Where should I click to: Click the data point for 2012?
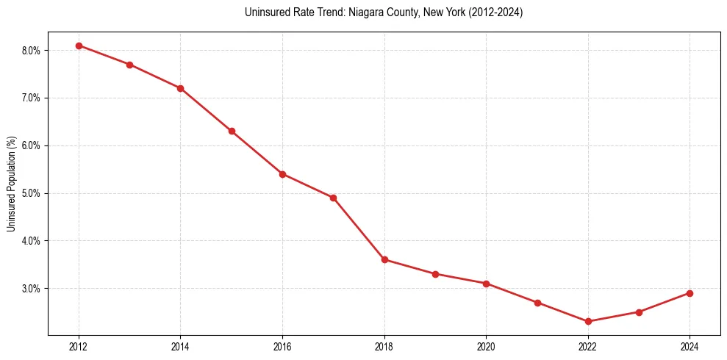pyautogui.click(x=79, y=46)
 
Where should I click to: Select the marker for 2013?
pyautogui.click(x=129, y=65)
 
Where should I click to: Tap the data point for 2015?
pyautogui.click(x=232, y=131)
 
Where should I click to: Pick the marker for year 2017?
pyautogui.click(x=333, y=198)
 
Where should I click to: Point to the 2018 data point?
pyautogui.click(x=384, y=259)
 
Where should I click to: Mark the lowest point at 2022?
pyautogui.click(x=588, y=321)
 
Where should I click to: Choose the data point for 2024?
pyautogui.click(x=690, y=293)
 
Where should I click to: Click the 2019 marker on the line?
pyautogui.click(x=435, y=274)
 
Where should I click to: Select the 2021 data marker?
pyautogui.click(x=537, y=303)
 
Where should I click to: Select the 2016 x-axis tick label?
pyautogui.click(x=282, y=345)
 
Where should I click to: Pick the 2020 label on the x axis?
pyautogui.click(x=486, y=345)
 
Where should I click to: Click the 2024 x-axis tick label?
pyautogui.click(x=690, y=345)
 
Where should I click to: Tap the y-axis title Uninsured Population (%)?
pyautogui.click(x=12, y=184)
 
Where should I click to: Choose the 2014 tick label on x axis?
pyautogui.click(x=180, y=345)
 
